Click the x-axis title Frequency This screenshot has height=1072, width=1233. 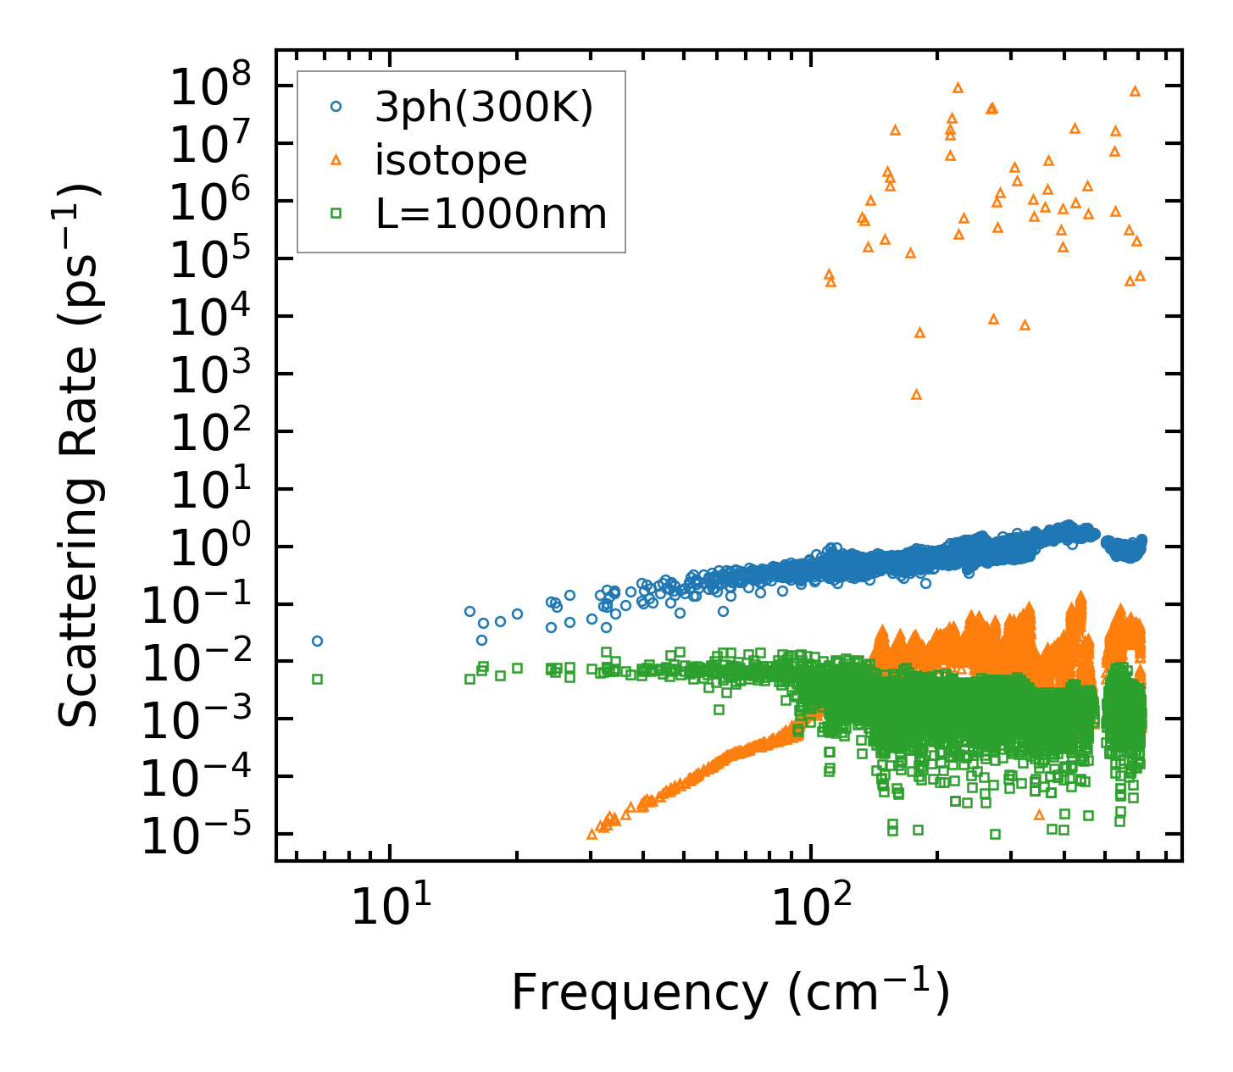click(x=729, y=992)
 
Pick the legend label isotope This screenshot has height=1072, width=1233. click(x=451, y=161)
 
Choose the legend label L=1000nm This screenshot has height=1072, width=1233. click(x=492, y=214)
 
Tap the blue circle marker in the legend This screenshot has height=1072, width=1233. click(x=336, y=107)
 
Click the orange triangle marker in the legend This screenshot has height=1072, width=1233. click(x=336, y=160)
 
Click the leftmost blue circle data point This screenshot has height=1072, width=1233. click(x=317, y=641)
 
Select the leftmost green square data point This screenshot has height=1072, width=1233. click(x=317, y=679)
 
